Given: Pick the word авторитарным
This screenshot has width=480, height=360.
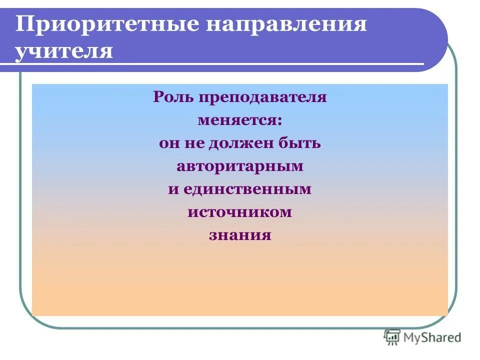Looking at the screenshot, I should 240,166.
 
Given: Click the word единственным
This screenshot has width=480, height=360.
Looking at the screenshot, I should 247,189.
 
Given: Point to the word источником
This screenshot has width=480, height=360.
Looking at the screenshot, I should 240,212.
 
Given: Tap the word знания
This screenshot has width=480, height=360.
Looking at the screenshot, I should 240,235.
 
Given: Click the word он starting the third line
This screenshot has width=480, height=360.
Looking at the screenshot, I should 168,144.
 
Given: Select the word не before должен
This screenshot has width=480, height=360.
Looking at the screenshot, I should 193,144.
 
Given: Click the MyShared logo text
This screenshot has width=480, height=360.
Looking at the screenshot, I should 432,337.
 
